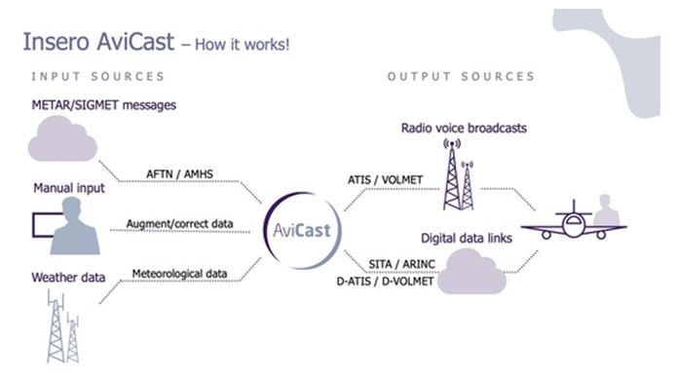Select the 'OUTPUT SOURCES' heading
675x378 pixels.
click(461, 76)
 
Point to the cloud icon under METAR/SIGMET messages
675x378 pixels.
click(62, 144)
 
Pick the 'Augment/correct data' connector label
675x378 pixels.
click(179, 223)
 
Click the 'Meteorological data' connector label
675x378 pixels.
click(179, 274)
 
